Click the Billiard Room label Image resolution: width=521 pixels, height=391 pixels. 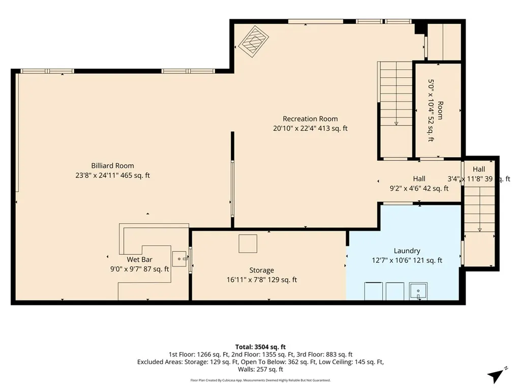pos(113,166)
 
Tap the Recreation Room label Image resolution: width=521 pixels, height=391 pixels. pos(310,118)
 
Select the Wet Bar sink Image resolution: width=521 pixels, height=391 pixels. pos(179,259)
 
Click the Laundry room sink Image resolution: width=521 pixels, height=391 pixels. pos(418,291)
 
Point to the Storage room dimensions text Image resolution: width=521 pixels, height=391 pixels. pos(262,280)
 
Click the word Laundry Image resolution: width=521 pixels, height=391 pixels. pos(407,251)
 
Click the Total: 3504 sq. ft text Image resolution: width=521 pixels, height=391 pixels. pos(260,347)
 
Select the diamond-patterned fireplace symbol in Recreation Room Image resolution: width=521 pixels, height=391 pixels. pos(254,42)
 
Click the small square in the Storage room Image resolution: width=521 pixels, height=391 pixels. pos(248,244)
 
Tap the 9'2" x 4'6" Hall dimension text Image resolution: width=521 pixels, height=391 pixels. pos(419,189)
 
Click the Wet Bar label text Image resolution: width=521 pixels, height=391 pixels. pos(140,259)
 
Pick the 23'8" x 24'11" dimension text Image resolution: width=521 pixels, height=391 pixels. pos(113,175)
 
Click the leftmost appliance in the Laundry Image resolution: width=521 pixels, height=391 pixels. pos(374,291)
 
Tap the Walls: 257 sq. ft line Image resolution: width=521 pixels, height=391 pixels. pos(260,369)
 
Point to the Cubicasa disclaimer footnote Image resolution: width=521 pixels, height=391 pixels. pos(260,380)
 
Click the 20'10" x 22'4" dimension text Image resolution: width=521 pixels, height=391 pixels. pos(311,128)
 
